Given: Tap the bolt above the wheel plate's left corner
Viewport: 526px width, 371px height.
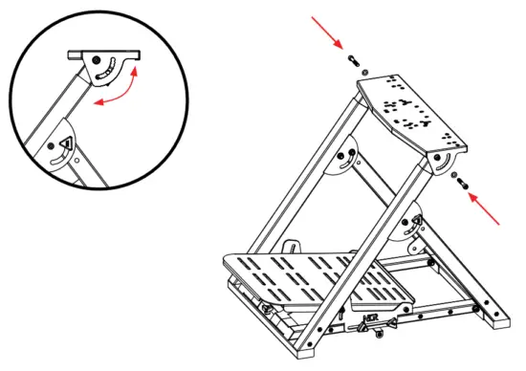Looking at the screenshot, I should click(x=355, y=58).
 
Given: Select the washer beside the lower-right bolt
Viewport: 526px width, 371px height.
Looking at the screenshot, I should click(x=452, y=176).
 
